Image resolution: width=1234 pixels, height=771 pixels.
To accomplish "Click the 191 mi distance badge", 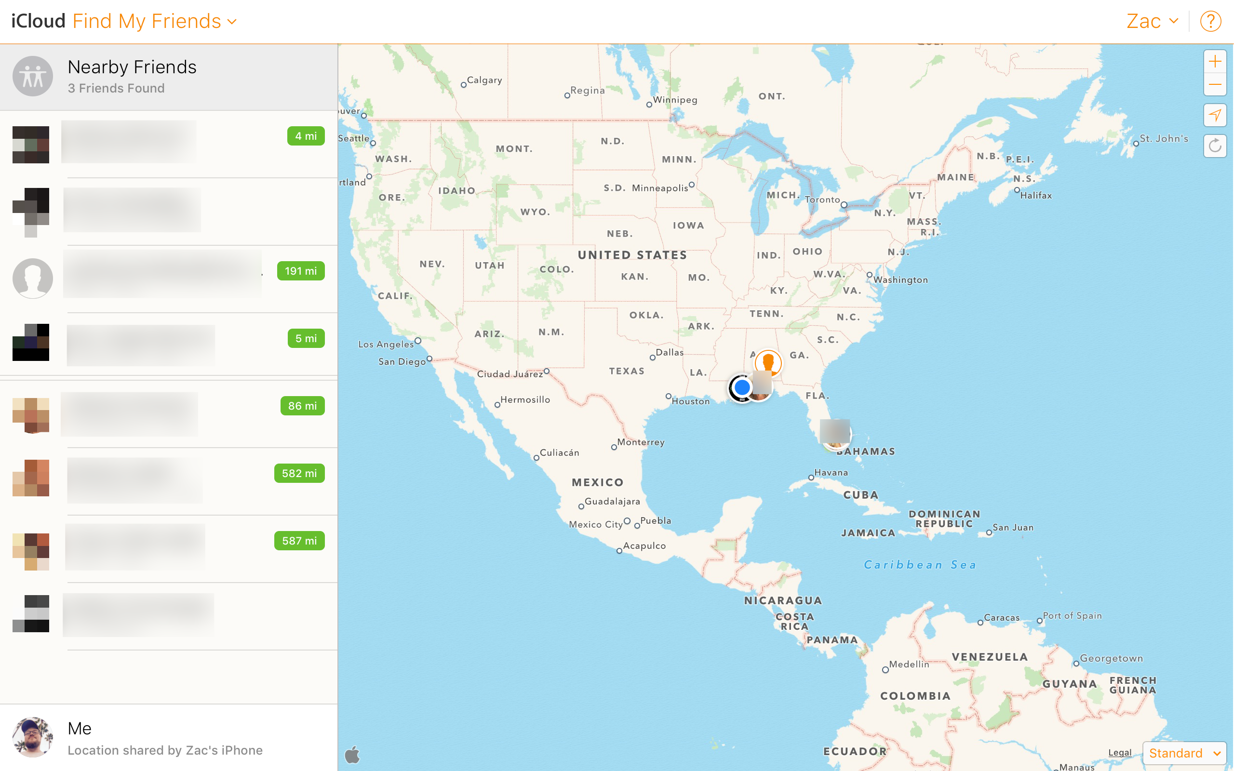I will (x=301, y=271).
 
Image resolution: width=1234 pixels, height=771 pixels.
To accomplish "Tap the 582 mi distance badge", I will (x=299, y=473).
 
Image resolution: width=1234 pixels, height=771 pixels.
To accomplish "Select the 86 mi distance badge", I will (x=302, y=406).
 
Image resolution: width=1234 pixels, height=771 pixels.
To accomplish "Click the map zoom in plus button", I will (x=1215, y=62).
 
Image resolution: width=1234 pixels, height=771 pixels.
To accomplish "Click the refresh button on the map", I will (x=1215, y=146).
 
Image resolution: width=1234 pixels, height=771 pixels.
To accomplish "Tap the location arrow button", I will (x=1215, y=115).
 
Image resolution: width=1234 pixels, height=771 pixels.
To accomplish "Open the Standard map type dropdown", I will (x=1184, y=753).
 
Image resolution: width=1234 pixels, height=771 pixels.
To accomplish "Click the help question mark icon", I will (x=1210, y=21).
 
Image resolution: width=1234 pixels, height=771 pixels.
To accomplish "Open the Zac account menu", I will (x=1152, y=21).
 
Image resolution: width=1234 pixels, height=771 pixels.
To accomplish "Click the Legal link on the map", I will (x=1119, y=752).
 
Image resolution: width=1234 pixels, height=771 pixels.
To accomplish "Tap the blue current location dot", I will (x=742, y=387).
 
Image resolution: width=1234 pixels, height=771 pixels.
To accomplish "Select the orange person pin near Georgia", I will (x=768, y=362).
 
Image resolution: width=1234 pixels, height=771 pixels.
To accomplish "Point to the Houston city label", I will (x=690, y=401).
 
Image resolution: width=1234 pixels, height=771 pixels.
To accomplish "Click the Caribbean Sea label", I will (x=920, y=564).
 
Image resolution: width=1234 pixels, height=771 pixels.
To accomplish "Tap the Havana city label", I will (x=831, y=473).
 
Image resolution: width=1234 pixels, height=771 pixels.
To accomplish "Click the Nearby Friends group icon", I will (x=33, y=77).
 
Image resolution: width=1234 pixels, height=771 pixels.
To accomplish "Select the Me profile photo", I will (x=33, y=737).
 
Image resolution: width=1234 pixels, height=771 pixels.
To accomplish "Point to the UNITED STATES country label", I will (x=632, y=255).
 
